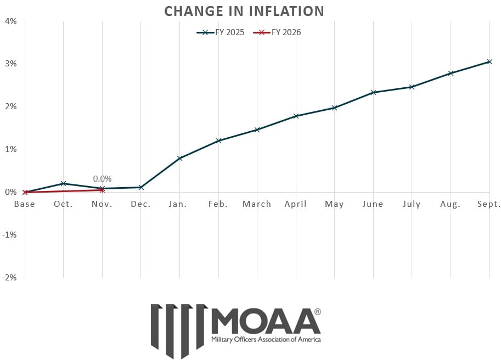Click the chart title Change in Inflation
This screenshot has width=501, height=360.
(244, 11)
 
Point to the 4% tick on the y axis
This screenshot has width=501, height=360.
(11, 21)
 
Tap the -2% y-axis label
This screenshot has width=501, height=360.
(10, 277)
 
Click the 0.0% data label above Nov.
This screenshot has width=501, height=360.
(102, 178)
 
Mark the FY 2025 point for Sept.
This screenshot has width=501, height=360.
(489, 61)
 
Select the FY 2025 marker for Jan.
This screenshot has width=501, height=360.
(180, 158)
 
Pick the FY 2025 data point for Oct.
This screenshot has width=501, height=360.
(64, 183)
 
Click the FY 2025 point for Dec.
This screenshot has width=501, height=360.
(141, 187)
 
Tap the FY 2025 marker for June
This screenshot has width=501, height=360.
(373, 92)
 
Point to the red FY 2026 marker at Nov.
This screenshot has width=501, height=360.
(103, 190)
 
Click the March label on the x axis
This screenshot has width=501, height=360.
(257, 204)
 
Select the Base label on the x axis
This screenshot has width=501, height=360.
(25, 204)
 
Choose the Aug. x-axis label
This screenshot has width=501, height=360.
(451, 204)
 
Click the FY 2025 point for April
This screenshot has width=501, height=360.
(296, 116)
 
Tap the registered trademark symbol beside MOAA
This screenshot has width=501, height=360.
(318, 312)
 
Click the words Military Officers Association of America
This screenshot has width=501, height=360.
(266, 340)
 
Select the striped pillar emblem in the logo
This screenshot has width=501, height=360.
(179, 329)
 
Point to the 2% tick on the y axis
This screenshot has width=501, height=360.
(11, 106)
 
